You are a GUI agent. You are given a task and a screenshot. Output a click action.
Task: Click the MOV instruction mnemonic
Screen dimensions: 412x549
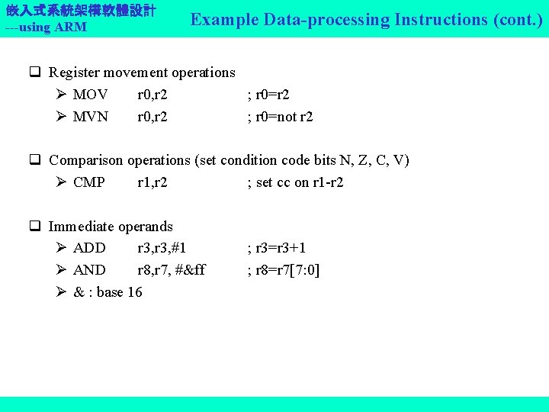pyautogui.click(x=90, y=95)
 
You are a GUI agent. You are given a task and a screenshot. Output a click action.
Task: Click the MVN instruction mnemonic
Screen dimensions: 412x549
pyautogui.click(x=91, y=117)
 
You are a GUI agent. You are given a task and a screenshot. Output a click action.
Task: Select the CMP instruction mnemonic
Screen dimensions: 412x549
pyautogui.click(x=89, y=182)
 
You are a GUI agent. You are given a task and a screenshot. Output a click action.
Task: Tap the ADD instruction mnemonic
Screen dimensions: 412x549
pyautogui.click(x=89, y=248)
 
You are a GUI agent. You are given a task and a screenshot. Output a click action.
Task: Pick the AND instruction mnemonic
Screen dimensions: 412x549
pyautogui.click(x=89, y=269)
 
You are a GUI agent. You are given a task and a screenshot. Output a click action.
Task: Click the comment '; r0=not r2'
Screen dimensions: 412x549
pyautogui.click(x=280, y=117)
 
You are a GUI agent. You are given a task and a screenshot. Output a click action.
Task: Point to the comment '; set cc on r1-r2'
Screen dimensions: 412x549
pyautogui.click(x=295, y=182)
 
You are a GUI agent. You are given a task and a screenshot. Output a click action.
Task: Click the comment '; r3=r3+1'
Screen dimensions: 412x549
pyautogui.click(x=276, y=248)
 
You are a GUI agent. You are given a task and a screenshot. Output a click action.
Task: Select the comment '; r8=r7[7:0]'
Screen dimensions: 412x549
pyautogui.click(x=284, y=269)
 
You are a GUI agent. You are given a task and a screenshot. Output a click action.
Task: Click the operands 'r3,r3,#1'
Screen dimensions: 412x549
pyautogui.click(x=162, y=248)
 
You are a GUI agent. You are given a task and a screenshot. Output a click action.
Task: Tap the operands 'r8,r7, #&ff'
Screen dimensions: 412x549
pyautogui.click(x=171, y=269)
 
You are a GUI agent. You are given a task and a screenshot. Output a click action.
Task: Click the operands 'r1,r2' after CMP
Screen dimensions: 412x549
pyautogui.click(x=152, y=182)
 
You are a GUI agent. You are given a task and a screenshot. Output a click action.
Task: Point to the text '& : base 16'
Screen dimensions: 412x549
pyautogui.click(x=108, y=291)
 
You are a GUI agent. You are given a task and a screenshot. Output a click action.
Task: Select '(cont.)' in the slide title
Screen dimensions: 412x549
pyautogui.click(x=518, y=20)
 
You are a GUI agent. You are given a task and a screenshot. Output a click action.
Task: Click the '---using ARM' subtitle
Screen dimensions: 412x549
pyautogui.click(x=45, y=27)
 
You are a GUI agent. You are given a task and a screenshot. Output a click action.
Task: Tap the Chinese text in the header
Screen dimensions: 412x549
pyautogui.click(x=80, y=11)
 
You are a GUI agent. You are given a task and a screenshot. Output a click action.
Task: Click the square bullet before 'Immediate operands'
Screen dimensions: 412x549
pyautogui.click(x=35, y=227)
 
